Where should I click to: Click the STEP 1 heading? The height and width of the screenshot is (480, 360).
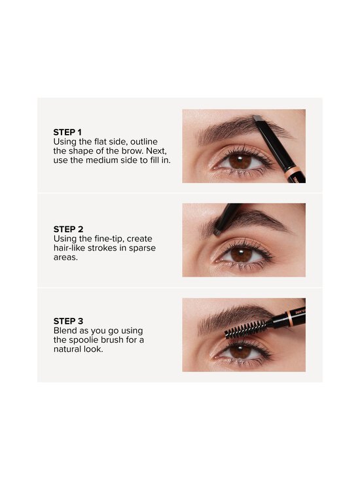(x=69, y=131)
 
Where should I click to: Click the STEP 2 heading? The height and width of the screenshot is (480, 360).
(x=69, y=229)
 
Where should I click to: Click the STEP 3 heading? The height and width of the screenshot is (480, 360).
(x=69, y=321)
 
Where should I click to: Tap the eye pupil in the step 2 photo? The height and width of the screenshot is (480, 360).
(x=241, y=254)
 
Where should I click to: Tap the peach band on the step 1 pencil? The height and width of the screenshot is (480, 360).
(x=294, y=171)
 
